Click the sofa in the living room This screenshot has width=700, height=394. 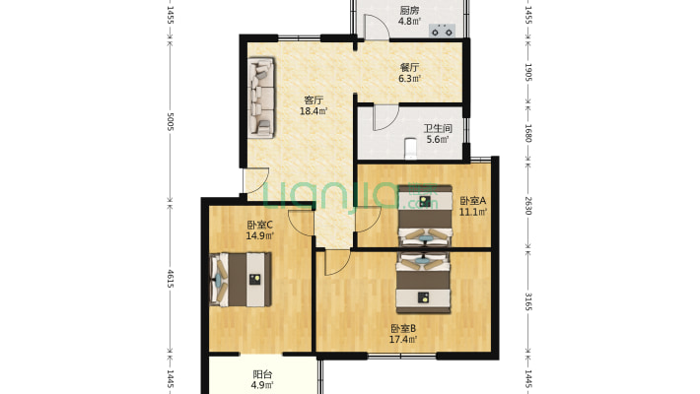(261, 98)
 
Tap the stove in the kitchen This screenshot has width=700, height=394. (442, 31)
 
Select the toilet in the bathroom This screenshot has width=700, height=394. (410, 149)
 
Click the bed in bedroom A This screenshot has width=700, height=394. (425, 216)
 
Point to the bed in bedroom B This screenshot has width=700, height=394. (423, 283)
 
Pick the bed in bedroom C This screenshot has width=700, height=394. (241, 280)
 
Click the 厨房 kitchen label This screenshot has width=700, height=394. (409, 10)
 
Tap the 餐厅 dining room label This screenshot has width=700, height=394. (409, 68)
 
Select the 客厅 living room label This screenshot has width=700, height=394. (314, 100)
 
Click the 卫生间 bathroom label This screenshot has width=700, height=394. (438, 129)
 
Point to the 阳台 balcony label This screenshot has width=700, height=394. (262, 374)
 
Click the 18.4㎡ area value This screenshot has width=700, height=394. (314, 111)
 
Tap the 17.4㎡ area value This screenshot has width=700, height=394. (404, 340)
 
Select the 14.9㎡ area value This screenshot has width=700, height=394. (260, 235)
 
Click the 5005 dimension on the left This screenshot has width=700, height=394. (171, 121)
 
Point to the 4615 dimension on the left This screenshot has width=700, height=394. (171, 278)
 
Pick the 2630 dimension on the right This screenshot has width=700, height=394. (528, 206)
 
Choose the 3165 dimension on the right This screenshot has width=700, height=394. (528, 301)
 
